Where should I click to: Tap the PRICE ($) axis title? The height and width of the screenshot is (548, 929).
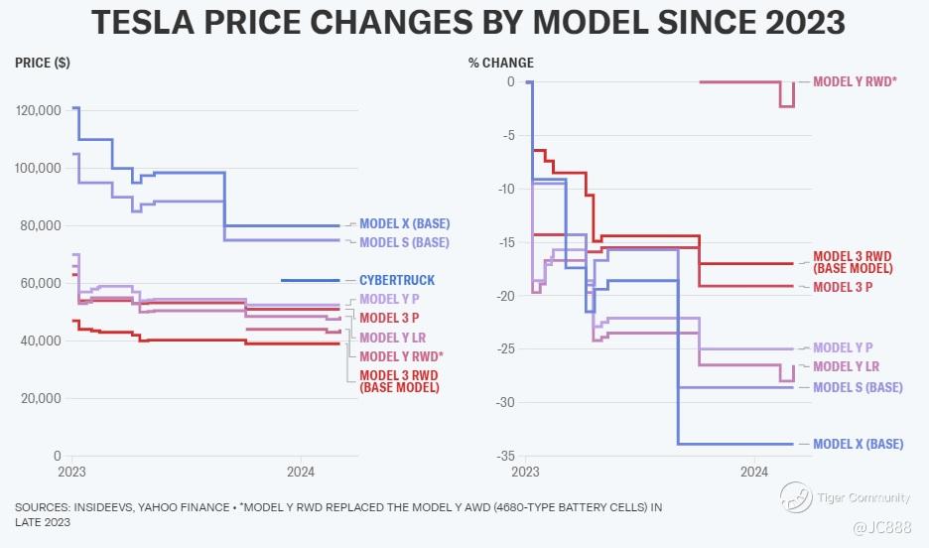(43, 64)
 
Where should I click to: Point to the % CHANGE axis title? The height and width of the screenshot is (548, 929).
(501, 64)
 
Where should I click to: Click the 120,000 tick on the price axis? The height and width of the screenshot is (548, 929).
(39, 110)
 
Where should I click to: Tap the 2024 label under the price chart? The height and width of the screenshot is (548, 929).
(301, 472)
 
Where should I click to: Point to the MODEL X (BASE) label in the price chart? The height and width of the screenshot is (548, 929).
(404, 223)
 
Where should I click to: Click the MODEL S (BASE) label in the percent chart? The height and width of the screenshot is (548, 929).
(858, 387)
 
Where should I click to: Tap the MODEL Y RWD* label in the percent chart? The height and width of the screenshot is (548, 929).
(855, 81)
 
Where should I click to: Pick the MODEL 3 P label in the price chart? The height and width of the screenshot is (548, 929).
(389, 318)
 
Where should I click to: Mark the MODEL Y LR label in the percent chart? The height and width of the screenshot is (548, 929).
(847, 366)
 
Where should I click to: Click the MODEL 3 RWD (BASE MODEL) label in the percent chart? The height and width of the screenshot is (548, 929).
(853, 262)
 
